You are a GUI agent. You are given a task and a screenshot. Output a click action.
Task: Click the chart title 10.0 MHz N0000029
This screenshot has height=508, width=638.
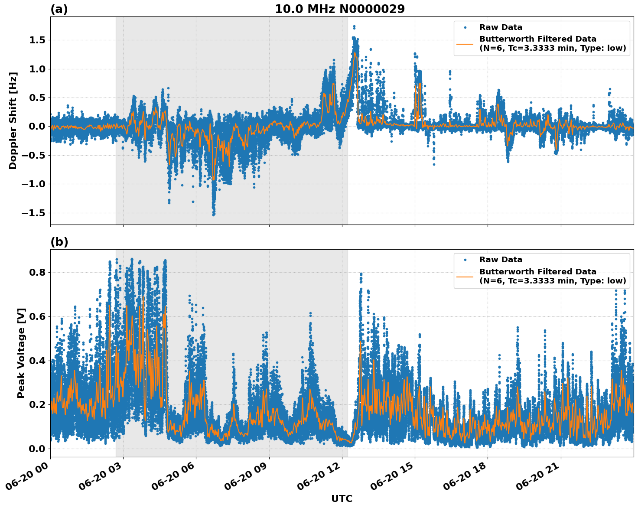tap(339, 9)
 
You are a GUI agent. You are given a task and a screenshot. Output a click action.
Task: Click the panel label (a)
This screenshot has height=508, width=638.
tap(59, 9)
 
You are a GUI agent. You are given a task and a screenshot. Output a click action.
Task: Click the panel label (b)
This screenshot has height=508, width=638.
tap(59, 242)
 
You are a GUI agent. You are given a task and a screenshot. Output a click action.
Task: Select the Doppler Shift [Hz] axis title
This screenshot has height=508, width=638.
tap(13, 120)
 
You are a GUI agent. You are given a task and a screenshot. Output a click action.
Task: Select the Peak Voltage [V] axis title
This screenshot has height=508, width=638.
tap(21, 353)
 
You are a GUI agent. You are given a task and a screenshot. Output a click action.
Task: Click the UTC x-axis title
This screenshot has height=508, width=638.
tap(342, 498)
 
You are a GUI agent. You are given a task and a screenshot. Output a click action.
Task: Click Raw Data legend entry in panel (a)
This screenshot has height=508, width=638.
tap(501, 27)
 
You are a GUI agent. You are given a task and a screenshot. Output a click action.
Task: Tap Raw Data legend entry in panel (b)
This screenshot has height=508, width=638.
tap(501, 260)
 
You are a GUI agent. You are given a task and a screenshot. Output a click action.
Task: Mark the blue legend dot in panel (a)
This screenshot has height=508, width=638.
tap(465, 27)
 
